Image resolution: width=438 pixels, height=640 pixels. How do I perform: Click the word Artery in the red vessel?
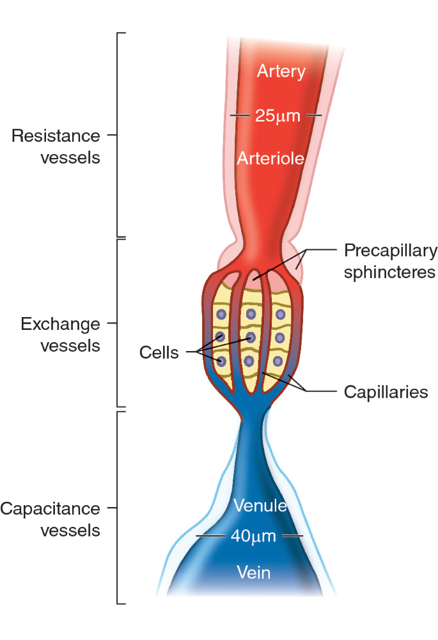pos(281,72)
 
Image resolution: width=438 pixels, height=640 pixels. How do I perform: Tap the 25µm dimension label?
pos(274,116)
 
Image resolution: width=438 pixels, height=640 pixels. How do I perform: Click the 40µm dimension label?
pos(253,536)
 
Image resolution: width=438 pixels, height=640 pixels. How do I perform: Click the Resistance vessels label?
pos(56,146)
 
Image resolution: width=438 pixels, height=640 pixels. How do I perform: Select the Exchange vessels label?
pos(61,334)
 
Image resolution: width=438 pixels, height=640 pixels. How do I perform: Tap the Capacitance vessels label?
pos(51,519)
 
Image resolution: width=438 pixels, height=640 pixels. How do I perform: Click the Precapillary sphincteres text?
pos(390,261)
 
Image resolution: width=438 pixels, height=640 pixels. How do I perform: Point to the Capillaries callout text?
pos(386,391)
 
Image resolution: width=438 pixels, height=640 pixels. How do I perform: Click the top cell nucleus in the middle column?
pos(251,313)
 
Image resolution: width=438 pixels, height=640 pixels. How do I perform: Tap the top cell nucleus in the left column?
pos(221,314)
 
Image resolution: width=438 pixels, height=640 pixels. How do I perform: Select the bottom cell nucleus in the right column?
pos(278,361)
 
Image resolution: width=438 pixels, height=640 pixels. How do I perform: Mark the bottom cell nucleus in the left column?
pos(221,361)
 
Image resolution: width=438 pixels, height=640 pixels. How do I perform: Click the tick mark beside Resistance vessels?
pos(112,136)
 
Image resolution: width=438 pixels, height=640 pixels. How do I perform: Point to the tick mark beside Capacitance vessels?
pos(112,509)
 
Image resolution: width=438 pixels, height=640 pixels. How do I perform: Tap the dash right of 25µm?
pos(313,116)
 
